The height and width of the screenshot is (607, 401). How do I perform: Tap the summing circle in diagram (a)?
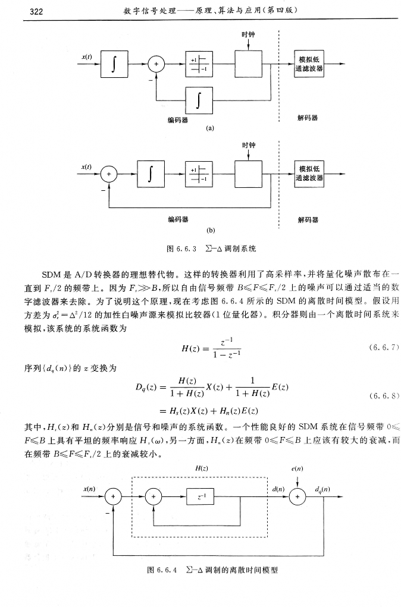click(156, 64)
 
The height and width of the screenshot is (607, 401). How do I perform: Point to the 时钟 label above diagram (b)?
click(248, 146)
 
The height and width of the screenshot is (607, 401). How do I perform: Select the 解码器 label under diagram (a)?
click(308, 118)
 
